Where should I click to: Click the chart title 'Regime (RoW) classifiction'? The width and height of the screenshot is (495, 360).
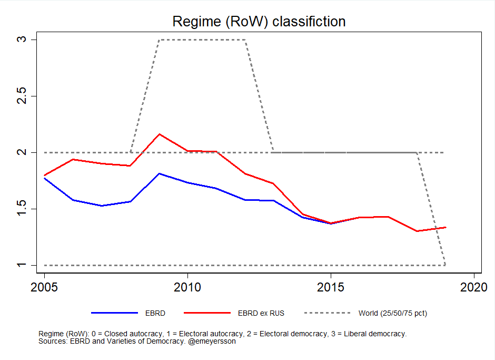coord(259,22)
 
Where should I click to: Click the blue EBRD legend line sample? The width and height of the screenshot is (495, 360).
coord(114,313)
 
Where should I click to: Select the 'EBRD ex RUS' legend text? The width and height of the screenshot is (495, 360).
coord(261,313)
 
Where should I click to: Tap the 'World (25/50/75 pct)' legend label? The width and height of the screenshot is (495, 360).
coord(393,313)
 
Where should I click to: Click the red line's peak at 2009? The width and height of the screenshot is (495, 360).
coord(159,134)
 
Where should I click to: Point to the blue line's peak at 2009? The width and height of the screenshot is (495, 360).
coord(159,173)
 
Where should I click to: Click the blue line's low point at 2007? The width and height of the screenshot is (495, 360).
coord(102,206)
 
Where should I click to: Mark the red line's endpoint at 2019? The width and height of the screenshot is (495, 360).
coord(445,227)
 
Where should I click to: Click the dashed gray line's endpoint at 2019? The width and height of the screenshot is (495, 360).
coord(445,265)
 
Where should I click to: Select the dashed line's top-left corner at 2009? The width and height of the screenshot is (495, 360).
coord(159,40)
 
